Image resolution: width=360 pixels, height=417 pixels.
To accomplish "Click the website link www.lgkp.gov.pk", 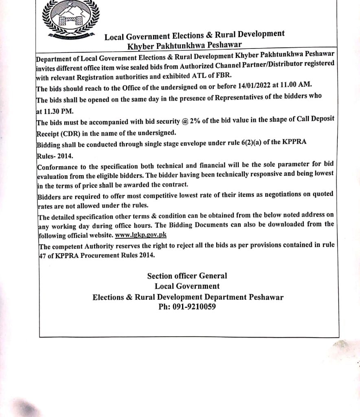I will pos(141,235).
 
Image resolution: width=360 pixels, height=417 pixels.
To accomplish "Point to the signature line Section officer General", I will pos(187,276).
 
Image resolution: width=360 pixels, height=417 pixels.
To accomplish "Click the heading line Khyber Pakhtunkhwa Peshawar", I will pos(184,45).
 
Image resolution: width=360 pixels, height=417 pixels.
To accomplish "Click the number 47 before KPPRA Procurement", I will pos(41,255).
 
